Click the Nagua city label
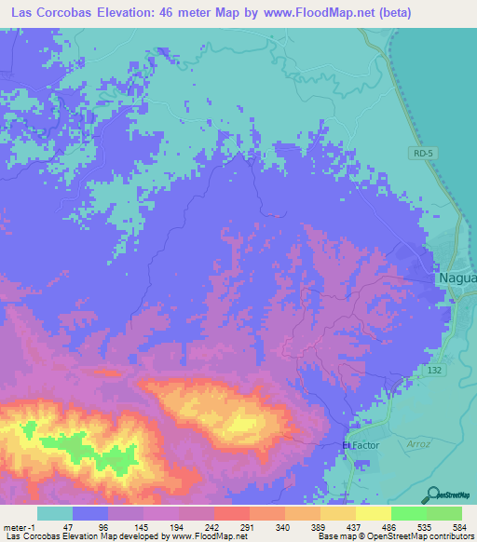click(457, 278)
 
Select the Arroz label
click(419, 444)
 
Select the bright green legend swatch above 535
click(408, 513)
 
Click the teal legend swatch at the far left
click(55, 513)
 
